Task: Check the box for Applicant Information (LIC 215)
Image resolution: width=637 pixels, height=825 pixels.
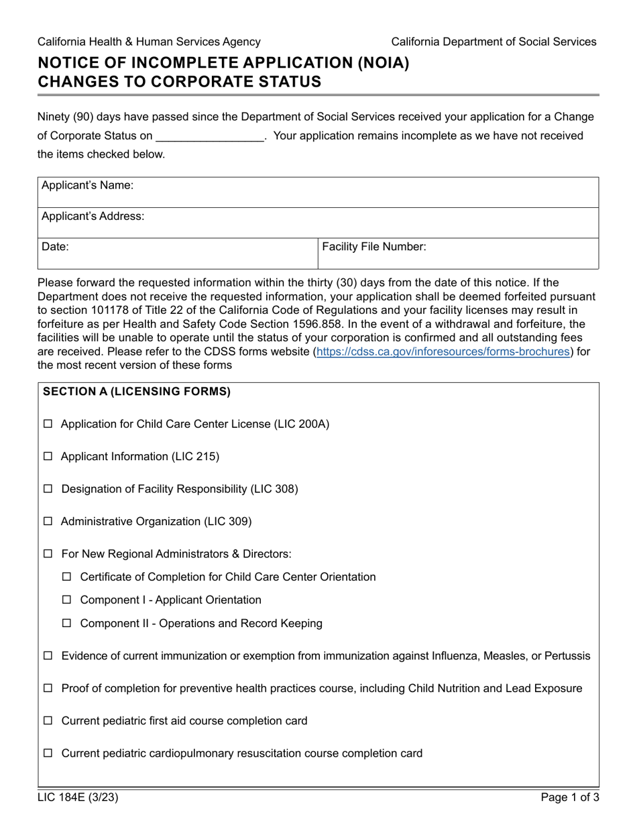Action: pyautogui.click(x=48, y=457)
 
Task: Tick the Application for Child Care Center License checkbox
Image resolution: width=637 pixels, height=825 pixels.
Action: pyautogui.click(x=48, y=425)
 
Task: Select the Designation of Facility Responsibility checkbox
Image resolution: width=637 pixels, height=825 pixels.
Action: pyautogui.click(x=48, y=490)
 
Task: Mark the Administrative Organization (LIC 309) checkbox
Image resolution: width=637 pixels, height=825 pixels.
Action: pyautogui.click(x=48, y=522)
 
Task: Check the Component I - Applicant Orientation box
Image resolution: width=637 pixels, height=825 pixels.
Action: pyautogui.click(x=66, y=600)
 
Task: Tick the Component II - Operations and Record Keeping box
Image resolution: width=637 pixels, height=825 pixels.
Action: pyautogui.click(x=66, y=624)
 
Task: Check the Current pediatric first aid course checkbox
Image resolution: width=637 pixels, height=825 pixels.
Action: pyautogui.click(x=48, y=721)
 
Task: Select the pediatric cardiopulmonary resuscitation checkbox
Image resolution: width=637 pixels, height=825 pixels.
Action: pyautogui.click(x=48, y=754)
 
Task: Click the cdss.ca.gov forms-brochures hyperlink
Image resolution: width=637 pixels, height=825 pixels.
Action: pyautogui.click(x=443, y=351)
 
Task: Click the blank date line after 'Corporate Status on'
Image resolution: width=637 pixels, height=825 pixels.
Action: pyautogui.click(x=210, y=136)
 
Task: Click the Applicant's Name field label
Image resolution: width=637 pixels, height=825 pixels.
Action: pyautogui.click(x=88, y=185)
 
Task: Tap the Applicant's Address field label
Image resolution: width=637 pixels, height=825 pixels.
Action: pyautogui.click(x=93, y=216)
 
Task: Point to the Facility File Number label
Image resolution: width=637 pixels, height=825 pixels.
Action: pyautogui.click(x=374, y=247)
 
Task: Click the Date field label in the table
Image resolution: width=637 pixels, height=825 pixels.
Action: pyautogui.click(x=56, y=247)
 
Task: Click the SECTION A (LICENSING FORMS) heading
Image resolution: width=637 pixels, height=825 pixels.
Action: pyautogui.click(x=137, y=392)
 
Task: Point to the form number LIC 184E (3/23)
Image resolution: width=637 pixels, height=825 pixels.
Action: pyautogui.click(x=78, y=797)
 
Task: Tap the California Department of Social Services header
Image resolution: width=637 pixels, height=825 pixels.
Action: pyautogui.click(x=494, y=42)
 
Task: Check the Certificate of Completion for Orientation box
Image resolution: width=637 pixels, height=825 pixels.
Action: pyautogui.click(x=66, y=577)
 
